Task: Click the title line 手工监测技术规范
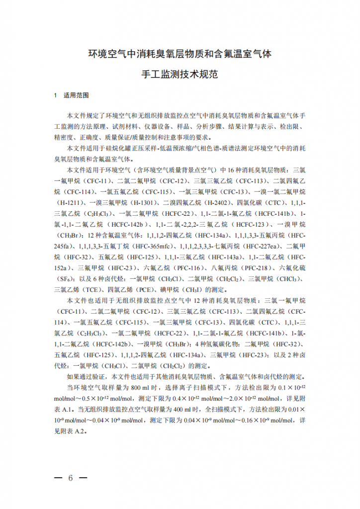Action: [180, 75]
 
